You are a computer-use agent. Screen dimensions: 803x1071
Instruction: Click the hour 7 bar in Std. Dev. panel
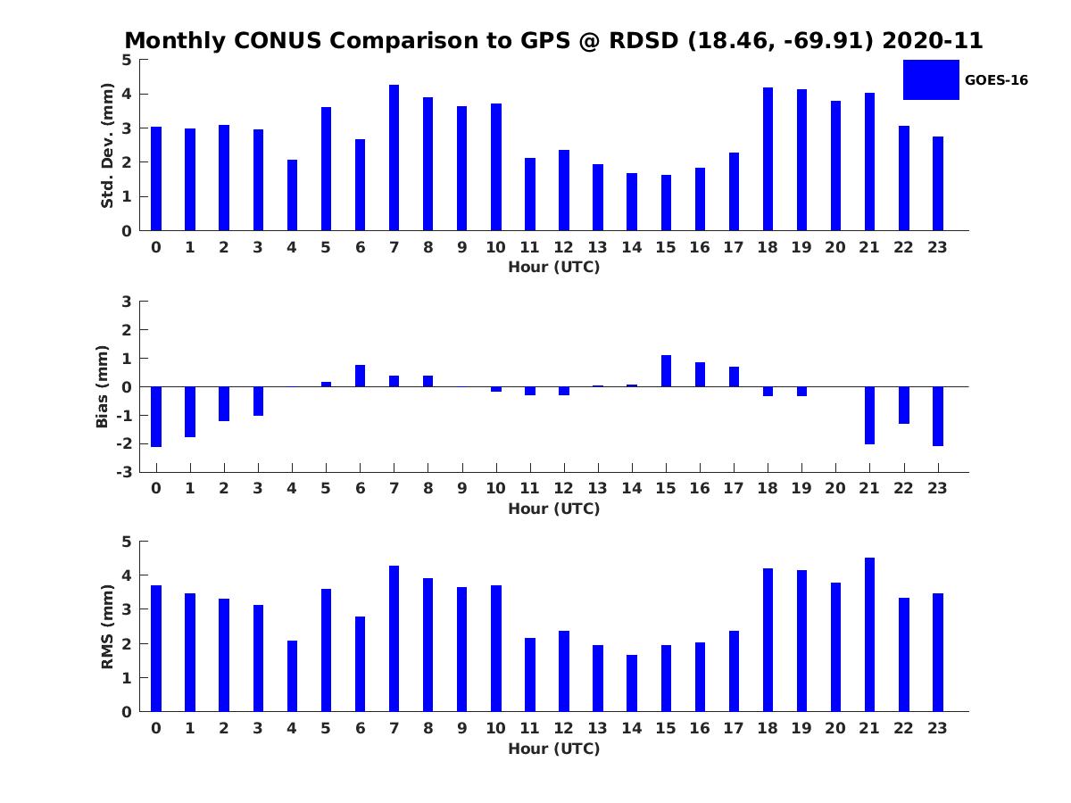coord(394,158)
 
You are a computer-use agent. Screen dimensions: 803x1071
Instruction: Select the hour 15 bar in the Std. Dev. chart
coord(666,203)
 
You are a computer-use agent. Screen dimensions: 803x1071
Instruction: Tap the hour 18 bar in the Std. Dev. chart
coord(768,159)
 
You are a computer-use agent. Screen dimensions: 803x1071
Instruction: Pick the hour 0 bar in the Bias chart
coord(156,417)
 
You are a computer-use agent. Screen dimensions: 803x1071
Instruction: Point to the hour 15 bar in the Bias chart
coord(666,371)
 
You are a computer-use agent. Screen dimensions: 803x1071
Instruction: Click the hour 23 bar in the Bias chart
coord(938,416)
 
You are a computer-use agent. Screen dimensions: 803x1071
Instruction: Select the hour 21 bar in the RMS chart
coord(869,634)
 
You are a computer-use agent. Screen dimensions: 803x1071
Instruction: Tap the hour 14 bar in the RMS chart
coord(632,683)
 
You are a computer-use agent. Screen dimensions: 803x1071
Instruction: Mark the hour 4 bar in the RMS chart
coord(292,676)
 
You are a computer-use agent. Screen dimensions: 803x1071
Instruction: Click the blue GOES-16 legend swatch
coord(931,79)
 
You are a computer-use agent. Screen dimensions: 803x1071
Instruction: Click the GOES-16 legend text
coord(996,80)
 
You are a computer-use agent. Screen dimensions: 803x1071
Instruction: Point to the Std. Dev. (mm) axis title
coord(107,145)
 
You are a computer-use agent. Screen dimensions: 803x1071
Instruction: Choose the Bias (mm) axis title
coord(103,386)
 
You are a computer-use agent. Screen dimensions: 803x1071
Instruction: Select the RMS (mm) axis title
coord(107,627)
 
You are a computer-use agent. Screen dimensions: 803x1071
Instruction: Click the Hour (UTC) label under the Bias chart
coord(553,509)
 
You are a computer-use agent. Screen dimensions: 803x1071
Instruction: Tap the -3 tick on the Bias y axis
coord(126,472)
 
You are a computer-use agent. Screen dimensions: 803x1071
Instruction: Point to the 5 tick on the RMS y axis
coord(127,542)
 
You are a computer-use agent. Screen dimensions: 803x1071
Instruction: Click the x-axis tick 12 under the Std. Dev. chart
coord(563,247)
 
